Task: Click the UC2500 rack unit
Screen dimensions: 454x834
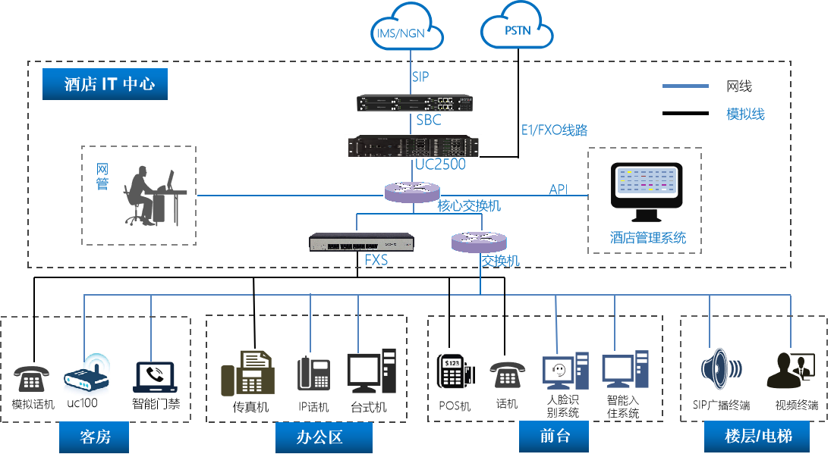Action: [x=414, y=146]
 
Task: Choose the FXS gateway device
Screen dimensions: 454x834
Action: [x=361, y=242]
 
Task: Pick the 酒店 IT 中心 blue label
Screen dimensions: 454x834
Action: [x=105, y=84]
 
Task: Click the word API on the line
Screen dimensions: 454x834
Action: [x=559, y=189]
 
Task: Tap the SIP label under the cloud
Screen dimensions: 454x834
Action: [x=421, y=77]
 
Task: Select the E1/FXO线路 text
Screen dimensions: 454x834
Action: [x=554, y=130]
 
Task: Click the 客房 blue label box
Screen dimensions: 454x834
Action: [x=94, y=437]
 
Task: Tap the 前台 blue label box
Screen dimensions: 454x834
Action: [x=554, y=437]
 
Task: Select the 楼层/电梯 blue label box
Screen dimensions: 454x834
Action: [x=757, y=437]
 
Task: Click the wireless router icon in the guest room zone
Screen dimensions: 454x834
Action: [x=87, y=373]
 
